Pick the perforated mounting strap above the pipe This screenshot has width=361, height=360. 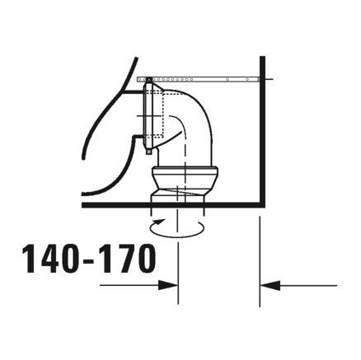[214, 79]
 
